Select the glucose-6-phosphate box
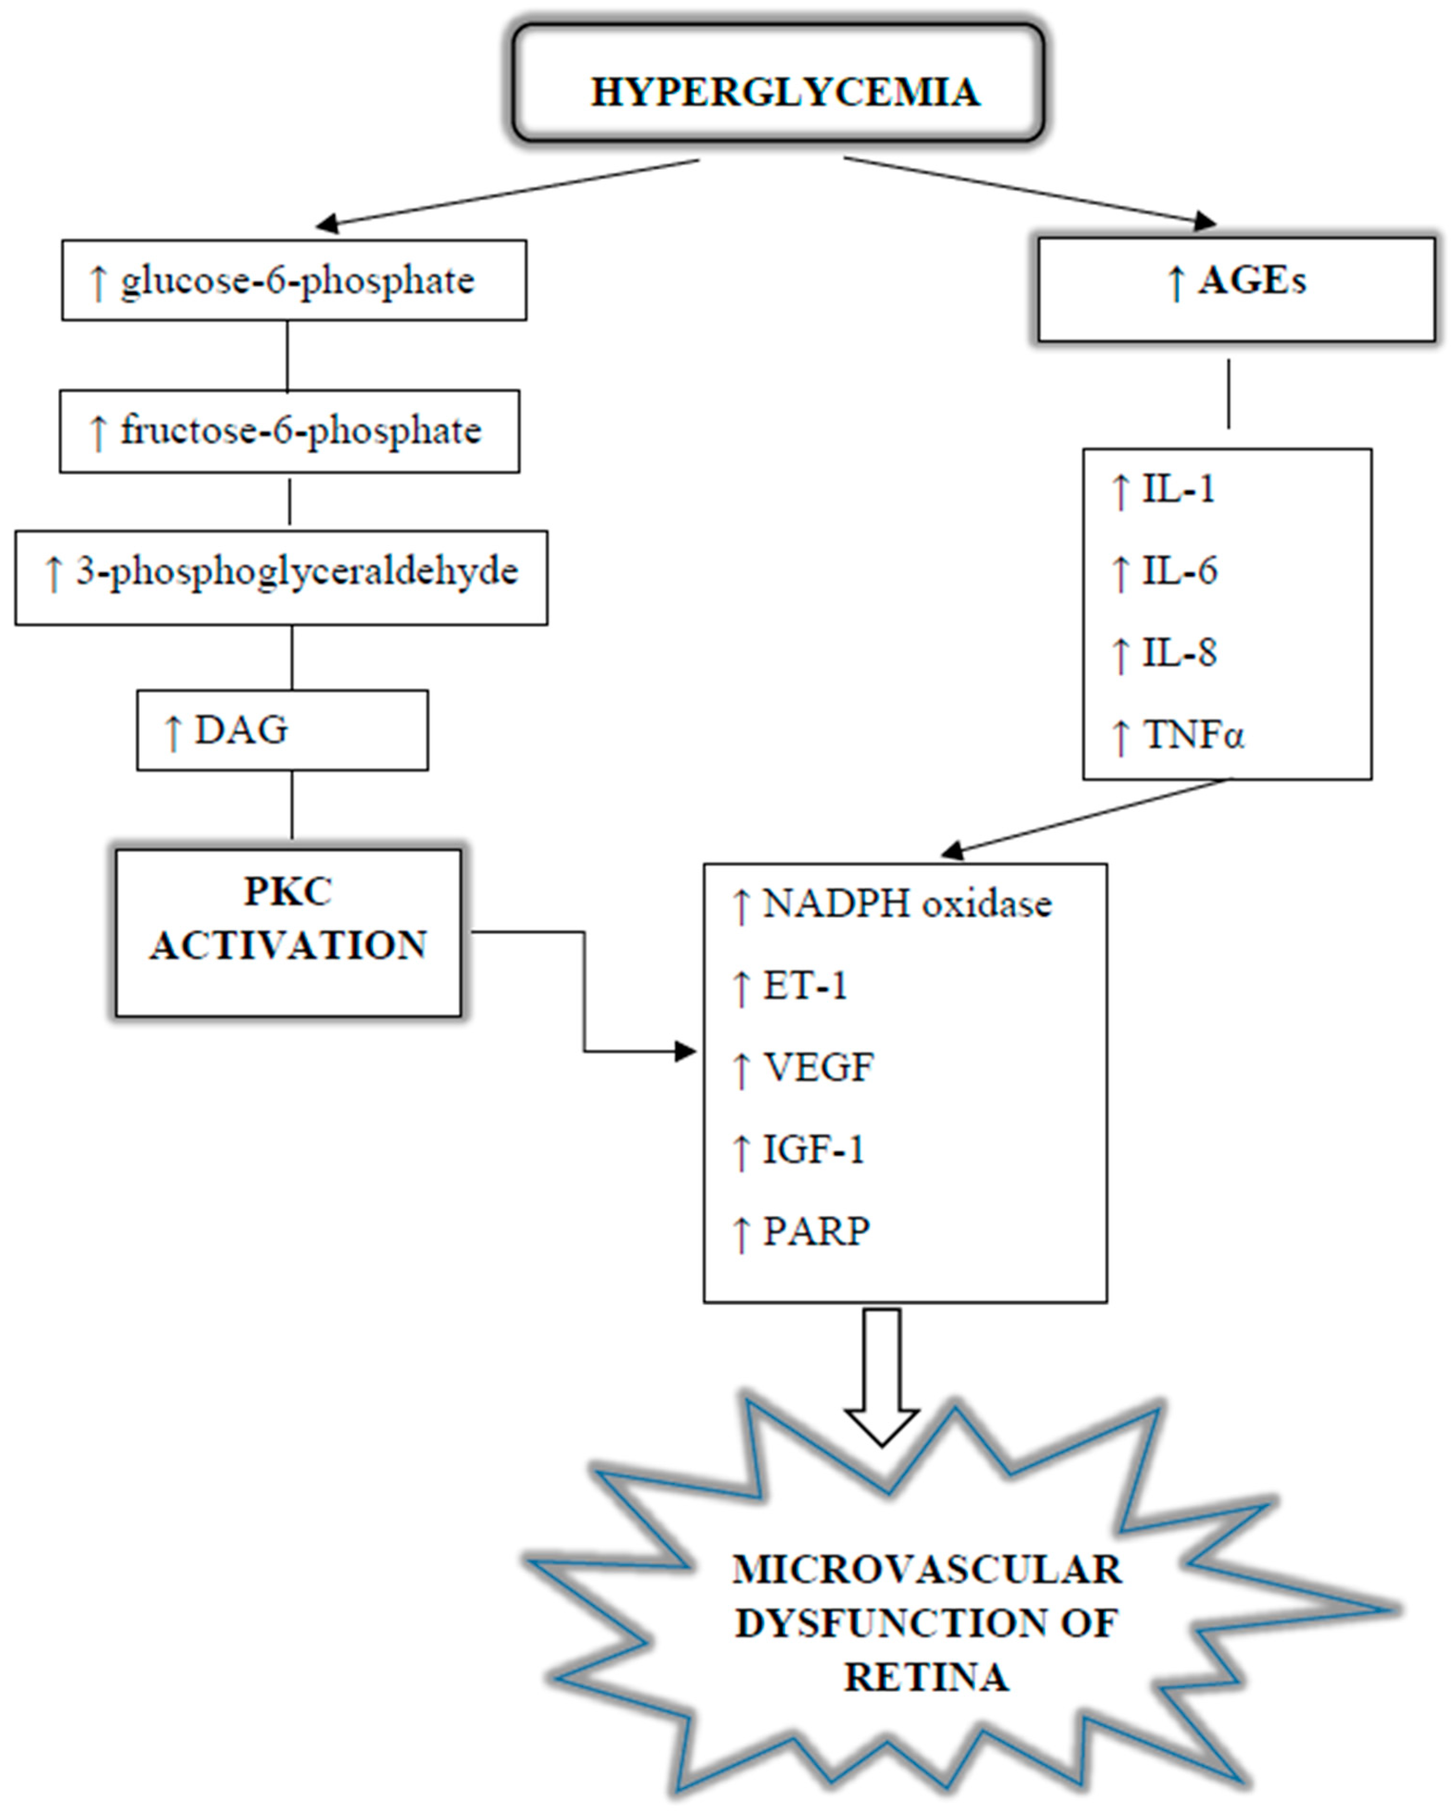tap(294, 281)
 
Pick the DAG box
tap(282, 730)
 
